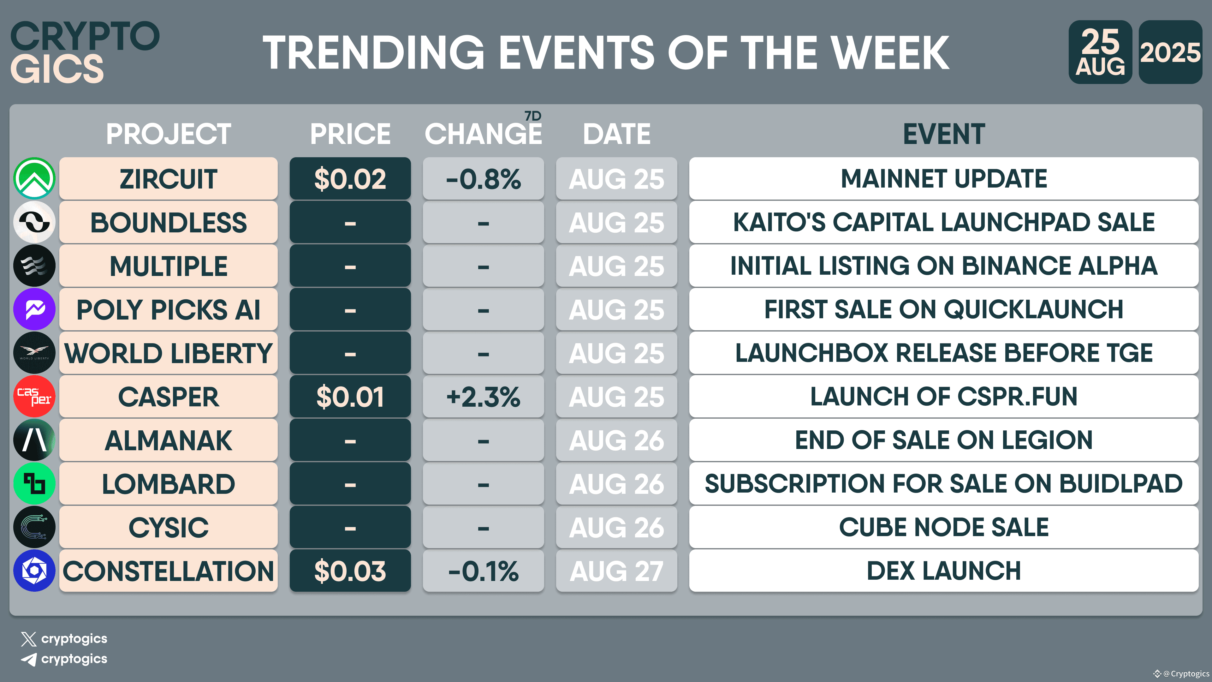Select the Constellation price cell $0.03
pos(350,571)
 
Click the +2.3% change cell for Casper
pos(483,396)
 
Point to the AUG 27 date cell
pos(616,571)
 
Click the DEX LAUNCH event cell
pos(943,571)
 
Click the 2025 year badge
pos(1170,52)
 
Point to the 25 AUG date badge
pos(1100,52)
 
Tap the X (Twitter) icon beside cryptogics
pos(29,639)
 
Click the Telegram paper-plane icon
pos(29,659)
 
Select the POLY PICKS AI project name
pos(169,309)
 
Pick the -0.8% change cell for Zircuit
pos(483,178)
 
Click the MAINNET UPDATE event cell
pos(943,178)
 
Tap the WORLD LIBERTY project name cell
pos(169,353)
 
